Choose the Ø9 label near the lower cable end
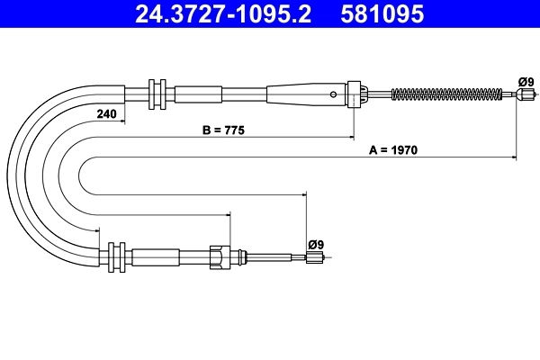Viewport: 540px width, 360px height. [x=315, y=243]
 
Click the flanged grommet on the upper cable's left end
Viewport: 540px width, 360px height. [x=156, y=93]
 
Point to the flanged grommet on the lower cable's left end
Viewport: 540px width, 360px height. [x=115, y=256]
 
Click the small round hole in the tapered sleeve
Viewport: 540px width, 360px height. [x=334, y=94]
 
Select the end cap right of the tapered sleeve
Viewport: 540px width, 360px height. [x=355, y=93]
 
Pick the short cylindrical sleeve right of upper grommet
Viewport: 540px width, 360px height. [x=198, y=93]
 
